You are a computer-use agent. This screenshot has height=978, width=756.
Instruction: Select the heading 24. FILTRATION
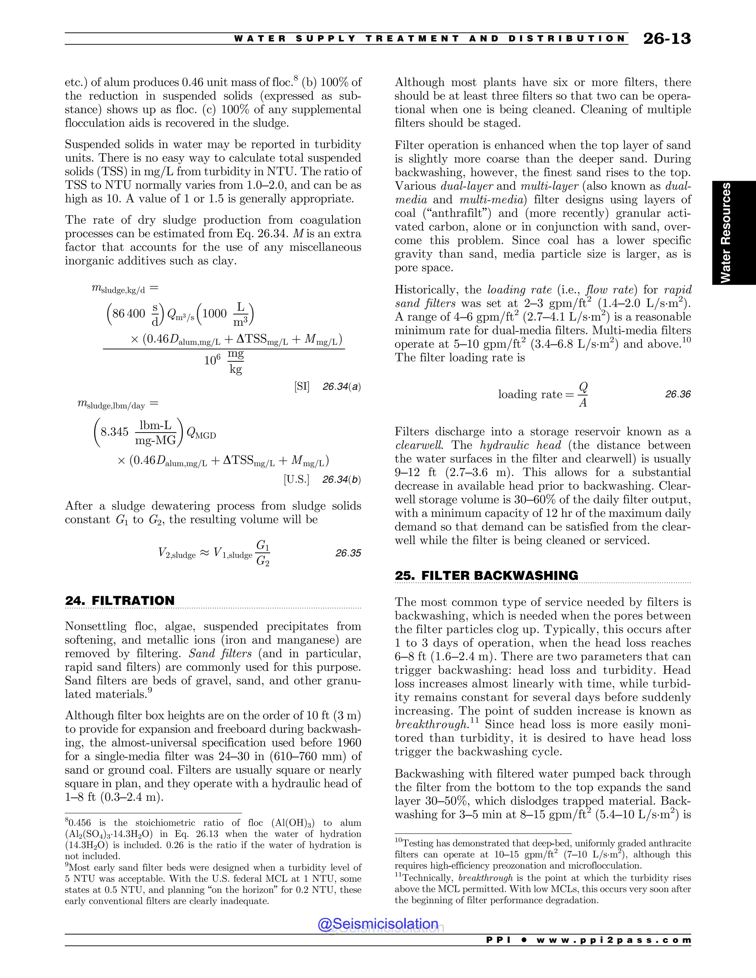tap(120, 600)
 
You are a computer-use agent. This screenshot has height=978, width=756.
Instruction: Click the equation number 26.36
tap(678, 394)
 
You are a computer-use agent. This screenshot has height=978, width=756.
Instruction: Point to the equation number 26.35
tap(348, 553)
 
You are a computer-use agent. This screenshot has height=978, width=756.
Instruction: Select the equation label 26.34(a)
tap(341, 386)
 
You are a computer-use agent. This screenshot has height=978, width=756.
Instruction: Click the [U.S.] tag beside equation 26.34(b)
tap(296, 479)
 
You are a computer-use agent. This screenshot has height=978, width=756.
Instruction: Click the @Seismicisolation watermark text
tap(378, 923)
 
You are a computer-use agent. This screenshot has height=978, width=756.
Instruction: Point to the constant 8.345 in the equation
tap(115, 432)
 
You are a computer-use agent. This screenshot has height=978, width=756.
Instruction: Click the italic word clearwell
tap(420, 445)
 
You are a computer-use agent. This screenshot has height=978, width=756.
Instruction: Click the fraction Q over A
tap(583, 395)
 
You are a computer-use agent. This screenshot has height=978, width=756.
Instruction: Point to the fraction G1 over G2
tap(262, 553)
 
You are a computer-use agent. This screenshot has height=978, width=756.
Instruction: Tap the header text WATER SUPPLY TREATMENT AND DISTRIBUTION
tap(429, 38)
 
